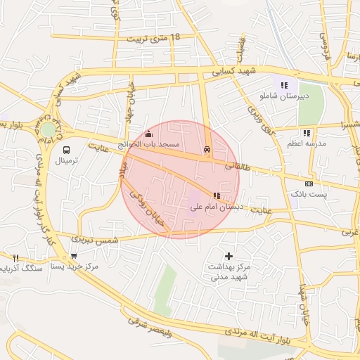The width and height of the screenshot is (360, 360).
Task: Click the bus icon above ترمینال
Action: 67,150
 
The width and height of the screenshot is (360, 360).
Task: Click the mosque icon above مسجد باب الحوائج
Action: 148,134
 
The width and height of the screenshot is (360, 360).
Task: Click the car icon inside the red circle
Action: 207,149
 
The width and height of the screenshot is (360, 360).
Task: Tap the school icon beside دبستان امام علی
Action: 216,195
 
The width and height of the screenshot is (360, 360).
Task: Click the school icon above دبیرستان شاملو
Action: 284,85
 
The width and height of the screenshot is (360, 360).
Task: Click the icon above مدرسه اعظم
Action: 307,133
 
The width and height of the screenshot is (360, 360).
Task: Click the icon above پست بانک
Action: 309,183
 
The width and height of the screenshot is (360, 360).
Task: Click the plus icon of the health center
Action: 228,256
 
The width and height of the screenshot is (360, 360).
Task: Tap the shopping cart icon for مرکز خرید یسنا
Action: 74,257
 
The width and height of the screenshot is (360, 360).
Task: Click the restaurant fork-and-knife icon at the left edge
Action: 15,258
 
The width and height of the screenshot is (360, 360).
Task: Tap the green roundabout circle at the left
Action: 48,129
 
